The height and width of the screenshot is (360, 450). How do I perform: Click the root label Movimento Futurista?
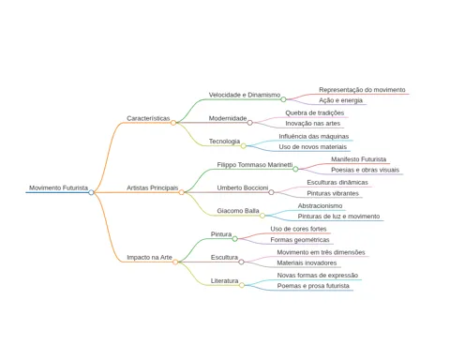click(x=58, y=187)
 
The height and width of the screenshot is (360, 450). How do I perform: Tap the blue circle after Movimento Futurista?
click(x=91, y=192)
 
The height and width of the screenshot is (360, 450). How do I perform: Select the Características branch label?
click(x=148, y=118)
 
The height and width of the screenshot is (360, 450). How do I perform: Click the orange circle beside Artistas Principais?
click(x=181, y=192)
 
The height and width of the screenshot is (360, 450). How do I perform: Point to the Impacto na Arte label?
click(x=149, y=258)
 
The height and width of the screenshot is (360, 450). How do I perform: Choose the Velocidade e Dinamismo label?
click(x=245, y=95)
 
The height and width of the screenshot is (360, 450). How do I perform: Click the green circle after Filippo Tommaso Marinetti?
click(x=295, y=169)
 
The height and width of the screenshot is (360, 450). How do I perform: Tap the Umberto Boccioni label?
click(x=243, y=187)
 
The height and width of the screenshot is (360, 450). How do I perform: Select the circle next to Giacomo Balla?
click(x=262, y=216)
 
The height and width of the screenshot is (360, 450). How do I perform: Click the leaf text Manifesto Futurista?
click(x=359, y=159)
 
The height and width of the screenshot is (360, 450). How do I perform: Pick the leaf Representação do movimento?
click(x=362, y=90)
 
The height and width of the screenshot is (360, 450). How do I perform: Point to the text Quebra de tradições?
click(x=315, y=112)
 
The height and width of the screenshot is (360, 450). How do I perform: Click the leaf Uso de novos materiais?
click(x=313, y=147)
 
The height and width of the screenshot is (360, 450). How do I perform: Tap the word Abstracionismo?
click(x=320, y=206)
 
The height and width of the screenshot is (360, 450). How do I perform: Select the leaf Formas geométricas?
click(x=300, y=240)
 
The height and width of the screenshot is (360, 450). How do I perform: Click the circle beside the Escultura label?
click(x=241, y=262)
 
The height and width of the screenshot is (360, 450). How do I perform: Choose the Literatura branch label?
click(x=224, y=281)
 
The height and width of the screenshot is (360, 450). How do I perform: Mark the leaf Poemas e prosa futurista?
click(x=313, y=286)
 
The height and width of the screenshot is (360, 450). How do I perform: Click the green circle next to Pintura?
click(x=234, y=239)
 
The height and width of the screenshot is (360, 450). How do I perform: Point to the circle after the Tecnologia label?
click(x=243, y=146)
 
